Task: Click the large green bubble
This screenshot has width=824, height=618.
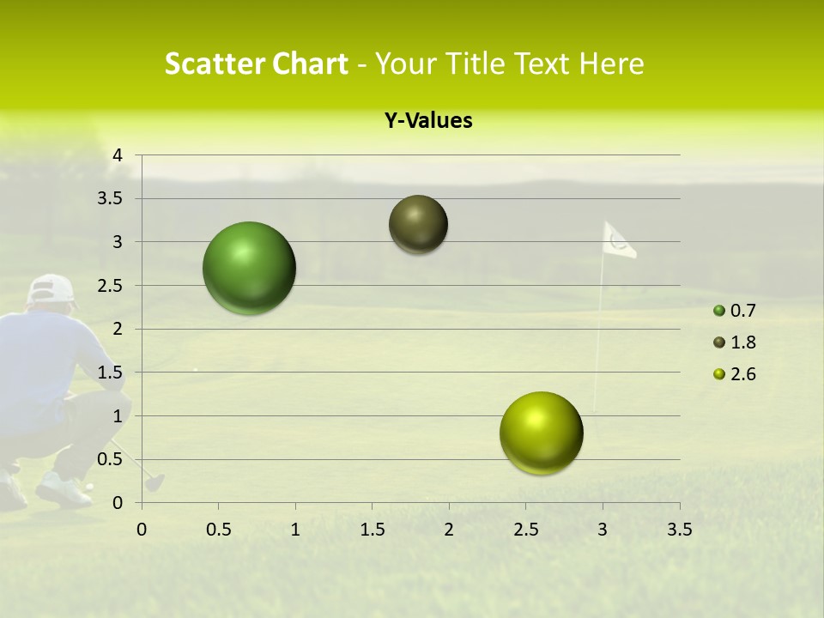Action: coord(249,268)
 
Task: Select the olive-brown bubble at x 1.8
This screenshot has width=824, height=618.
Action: coord(418,224)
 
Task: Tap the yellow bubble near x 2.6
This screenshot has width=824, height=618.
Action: coord(541,433)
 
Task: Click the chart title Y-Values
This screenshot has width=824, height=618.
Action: coord(427,121)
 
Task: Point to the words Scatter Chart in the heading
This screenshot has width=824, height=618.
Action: coord(256,64)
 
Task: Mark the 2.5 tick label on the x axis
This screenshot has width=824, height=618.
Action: coord(525,530)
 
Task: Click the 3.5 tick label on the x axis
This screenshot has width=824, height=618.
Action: coord(679,530)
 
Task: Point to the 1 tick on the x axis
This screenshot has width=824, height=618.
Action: coord(295,530)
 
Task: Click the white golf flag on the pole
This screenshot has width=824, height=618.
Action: coord(618,241)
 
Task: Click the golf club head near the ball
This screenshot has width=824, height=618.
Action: coord(154,482)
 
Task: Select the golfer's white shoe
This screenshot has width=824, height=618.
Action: coord(62,491)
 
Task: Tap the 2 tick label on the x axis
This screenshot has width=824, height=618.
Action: coord(449,530)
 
